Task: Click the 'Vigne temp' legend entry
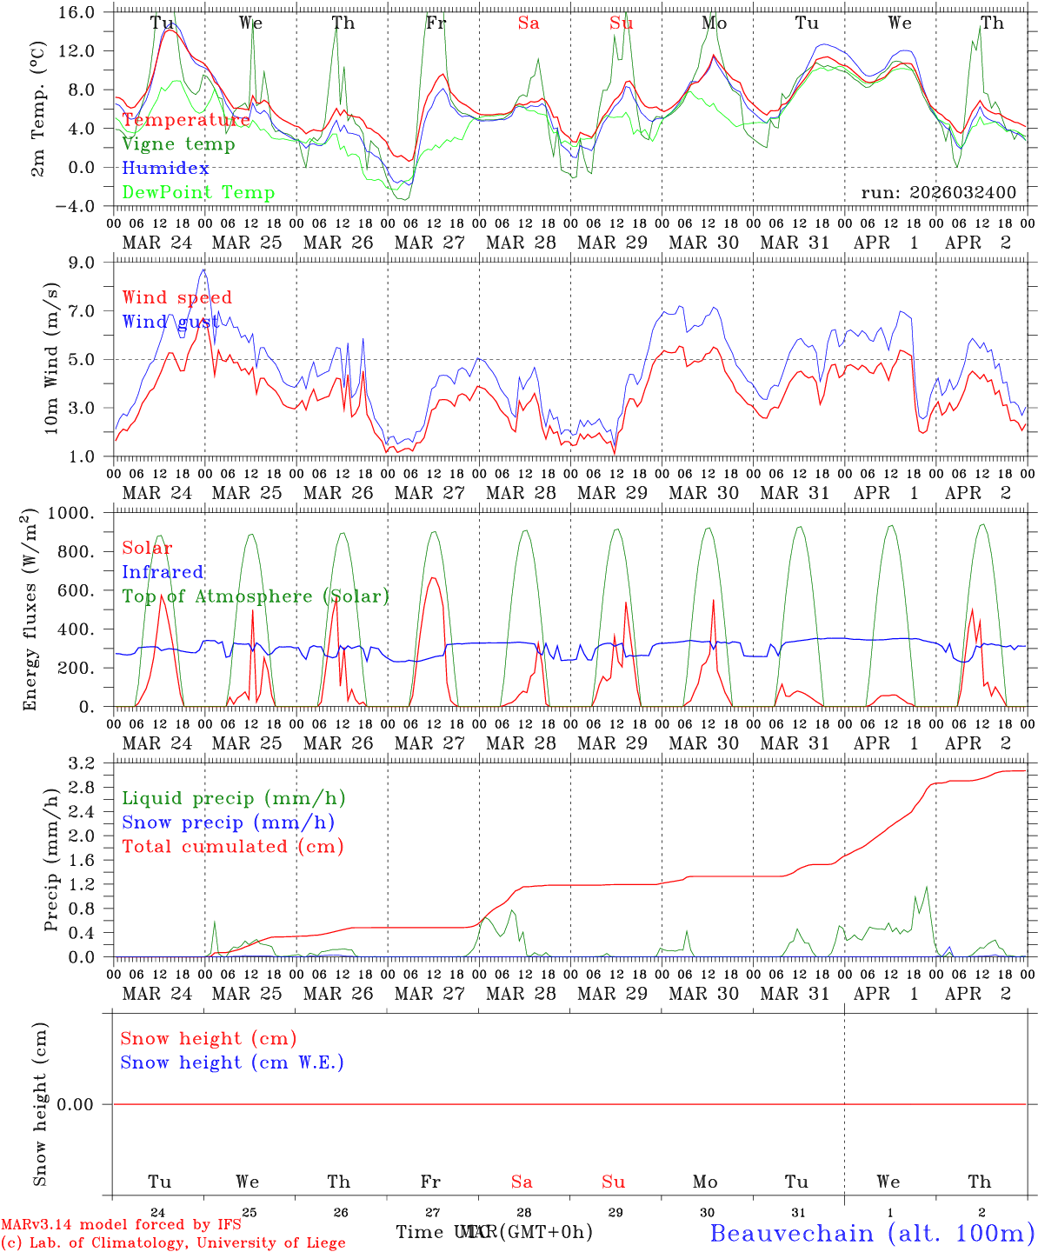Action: pyautogui.click(x=178, y=144)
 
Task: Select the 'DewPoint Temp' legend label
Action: pyautogui.click(x=198, y=192)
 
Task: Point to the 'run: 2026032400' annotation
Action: pyautogui.click(x=938, y=192)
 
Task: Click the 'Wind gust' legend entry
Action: pyautogui.click(x=170, y=322)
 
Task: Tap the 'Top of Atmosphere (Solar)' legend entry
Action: pyautogui.click(x=256, y=596)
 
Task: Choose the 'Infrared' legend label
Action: pyautogui.click(x=163, y=572)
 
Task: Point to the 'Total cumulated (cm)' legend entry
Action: pyautogui.click(x=232, y=846)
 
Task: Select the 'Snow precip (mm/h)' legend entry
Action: pyautogui.click(x=228, y=822)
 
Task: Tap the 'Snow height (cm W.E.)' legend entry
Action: pyautogui.click(x=232, y=1062)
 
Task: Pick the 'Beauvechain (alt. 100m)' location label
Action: pyautogui.click(x=872, y=1233)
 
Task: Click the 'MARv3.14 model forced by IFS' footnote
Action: pyautogui.click(x=121, y=1225)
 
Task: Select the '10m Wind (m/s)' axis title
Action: pyautogui.click(x=52, y=358)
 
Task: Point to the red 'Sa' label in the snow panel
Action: pyautogui.click(x=522, y=1182)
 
